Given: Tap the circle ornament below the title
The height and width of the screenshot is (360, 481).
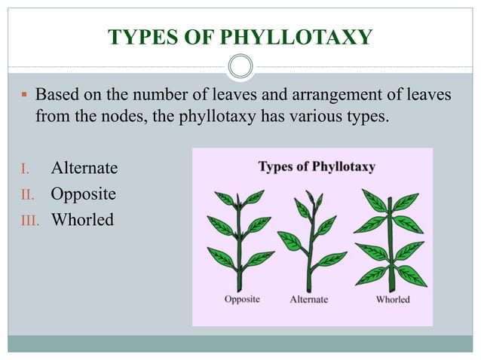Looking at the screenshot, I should coord(240,67).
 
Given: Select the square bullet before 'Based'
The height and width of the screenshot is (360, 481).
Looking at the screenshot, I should coord(24,96).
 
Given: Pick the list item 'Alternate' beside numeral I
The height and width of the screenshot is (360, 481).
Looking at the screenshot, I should coord(84,167).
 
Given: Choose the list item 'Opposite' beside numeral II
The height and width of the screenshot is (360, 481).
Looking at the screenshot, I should coord(83,194).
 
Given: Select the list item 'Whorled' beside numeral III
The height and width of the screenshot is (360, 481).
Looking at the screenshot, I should coord(82,220).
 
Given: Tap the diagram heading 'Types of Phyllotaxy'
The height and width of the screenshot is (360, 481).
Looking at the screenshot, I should coord(317,166).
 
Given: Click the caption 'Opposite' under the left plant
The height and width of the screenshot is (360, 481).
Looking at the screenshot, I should coord(241,299).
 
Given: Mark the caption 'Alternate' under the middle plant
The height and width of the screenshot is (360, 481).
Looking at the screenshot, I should coord(309,299).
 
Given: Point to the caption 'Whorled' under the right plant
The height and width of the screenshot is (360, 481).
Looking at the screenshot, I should coord(392,299).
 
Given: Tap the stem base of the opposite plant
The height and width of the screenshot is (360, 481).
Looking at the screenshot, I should coord(242,279).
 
